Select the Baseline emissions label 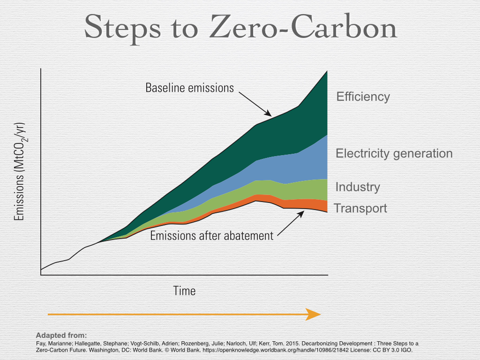[189, 88]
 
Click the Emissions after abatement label [211, 235]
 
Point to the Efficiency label [363, 97]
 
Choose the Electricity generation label [394, 153]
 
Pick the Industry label [358, 187]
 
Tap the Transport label [360, 208]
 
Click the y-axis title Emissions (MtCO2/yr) [19, 172]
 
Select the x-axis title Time [184, 291]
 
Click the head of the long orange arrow [313, 314]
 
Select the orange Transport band [305, 204]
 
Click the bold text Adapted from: [61, 335]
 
